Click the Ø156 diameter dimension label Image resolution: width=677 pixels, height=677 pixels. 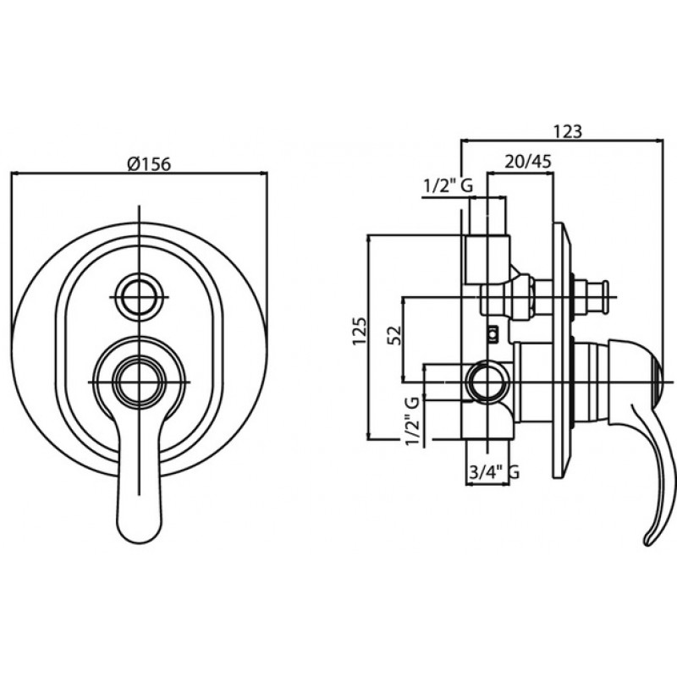(150, 164)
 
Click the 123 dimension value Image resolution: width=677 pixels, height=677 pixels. (568, 131)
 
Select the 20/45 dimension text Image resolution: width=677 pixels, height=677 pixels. (528, 162)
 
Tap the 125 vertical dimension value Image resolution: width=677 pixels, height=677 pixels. (360, 331)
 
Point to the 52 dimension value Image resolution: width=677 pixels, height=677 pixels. (394, 335)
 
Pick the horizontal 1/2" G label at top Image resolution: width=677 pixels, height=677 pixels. (449, 186)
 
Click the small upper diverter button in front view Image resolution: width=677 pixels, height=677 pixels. (139, 298)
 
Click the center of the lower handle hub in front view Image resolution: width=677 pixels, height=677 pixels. (139, 383)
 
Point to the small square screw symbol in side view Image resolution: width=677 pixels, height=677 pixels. (493, 333)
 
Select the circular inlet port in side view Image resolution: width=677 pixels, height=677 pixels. (488, 383)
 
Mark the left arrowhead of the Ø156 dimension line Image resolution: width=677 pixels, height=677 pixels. (13, 174)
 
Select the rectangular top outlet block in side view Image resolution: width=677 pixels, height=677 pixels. (487, 260)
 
